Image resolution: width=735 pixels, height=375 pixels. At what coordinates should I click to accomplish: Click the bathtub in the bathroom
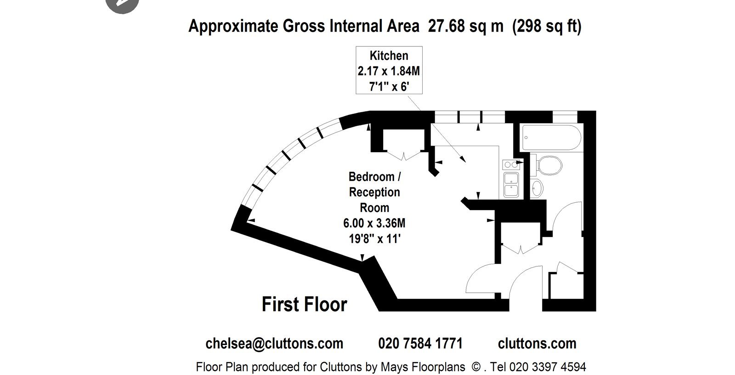click(551, 137)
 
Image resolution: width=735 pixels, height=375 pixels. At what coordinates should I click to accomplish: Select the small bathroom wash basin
click(537, 188)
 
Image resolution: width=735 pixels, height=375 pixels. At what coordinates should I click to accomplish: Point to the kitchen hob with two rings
click(511, 165)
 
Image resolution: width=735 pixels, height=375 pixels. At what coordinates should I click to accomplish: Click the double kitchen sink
click(511, 185)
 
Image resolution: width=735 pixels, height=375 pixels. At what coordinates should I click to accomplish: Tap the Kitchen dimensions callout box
click(389, 70)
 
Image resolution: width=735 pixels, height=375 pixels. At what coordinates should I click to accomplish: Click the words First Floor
click(304, 304)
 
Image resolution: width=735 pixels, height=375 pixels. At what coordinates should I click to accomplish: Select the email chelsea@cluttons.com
click(274, 343)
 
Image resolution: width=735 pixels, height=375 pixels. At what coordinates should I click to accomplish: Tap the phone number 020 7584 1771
click(420, 343)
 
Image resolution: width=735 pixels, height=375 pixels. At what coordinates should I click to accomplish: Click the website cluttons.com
click(537, 343)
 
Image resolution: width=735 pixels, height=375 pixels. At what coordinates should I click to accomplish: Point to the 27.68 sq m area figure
click(466, 26)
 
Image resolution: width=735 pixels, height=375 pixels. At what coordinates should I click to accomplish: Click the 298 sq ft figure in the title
click(547, 26)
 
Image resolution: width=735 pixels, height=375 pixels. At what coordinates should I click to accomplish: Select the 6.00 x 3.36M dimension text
click(374, 223)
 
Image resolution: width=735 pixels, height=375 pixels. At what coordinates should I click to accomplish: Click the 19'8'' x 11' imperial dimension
click(374, 239)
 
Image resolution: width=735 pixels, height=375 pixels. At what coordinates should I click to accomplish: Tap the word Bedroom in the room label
click(372, 176)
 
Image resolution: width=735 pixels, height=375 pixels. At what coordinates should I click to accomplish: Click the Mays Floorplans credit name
click(423, 367)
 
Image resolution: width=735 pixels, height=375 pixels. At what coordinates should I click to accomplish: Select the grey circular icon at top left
click(122, 5)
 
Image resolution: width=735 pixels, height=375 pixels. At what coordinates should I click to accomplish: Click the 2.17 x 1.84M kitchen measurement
click(389, 71)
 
